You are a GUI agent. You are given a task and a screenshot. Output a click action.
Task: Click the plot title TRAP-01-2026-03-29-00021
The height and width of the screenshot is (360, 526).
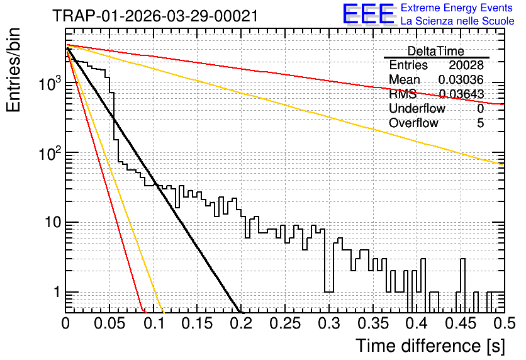155,16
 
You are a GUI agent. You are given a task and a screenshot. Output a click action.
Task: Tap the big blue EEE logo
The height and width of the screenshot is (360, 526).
369,14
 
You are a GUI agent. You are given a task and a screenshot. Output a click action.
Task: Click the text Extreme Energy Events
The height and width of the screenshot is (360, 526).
457,8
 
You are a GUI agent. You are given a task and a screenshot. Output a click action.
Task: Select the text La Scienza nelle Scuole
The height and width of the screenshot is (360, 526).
457,21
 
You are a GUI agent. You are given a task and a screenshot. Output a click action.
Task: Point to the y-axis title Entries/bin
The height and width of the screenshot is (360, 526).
13,70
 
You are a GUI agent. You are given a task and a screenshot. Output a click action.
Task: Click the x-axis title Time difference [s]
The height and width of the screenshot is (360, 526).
430,346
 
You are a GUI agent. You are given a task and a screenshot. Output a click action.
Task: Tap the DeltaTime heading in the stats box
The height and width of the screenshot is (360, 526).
436,51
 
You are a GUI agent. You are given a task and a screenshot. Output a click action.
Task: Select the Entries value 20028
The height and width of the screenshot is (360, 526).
466,65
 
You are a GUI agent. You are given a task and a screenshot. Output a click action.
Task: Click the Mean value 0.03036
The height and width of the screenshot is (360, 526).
461,79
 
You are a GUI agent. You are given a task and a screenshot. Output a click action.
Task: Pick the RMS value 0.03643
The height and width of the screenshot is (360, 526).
462,94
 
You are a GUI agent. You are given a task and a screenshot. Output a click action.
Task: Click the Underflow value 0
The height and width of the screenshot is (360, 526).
480,108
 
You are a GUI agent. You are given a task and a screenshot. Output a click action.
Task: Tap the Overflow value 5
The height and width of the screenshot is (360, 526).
480,123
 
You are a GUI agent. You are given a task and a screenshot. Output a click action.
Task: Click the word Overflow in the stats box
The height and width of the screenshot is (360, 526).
413,123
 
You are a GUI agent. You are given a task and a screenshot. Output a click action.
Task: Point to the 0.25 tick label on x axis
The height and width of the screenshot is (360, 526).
285,323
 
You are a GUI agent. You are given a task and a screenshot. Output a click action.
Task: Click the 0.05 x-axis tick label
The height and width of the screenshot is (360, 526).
109,323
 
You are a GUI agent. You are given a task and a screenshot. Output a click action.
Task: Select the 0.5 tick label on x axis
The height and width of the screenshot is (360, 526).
504,323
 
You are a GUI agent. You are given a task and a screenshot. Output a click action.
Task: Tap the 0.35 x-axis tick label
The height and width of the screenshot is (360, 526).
373,323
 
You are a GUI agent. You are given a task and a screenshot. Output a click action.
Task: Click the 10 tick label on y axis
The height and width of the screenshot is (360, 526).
53,222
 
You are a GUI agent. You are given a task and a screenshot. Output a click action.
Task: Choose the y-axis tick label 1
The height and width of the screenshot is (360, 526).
57,292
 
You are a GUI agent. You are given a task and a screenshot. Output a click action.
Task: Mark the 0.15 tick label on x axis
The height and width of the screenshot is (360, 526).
198,323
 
